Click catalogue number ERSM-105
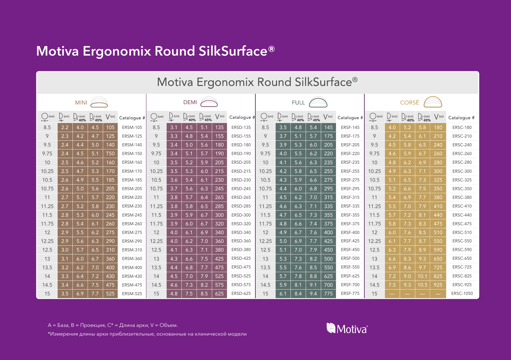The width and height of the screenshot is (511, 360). click(132, 127)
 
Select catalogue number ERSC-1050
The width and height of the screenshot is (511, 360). click(462, 293)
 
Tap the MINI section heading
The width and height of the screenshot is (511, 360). click(81, 103)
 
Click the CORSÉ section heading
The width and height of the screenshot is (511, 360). click(410, 102)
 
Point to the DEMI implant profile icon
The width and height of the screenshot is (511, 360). click(209, 102)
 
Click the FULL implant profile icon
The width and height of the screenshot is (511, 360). click(318, 102)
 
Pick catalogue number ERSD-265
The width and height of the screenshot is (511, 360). click(241, 197)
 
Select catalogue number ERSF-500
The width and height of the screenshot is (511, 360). click(350, 258)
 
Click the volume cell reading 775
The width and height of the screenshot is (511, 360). click(328, 294)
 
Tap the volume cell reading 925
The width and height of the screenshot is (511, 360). click(438, 285)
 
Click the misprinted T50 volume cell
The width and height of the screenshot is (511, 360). click(110, 154)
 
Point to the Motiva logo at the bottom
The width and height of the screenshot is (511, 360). click(347, 328)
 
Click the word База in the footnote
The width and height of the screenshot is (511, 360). click(63, 325)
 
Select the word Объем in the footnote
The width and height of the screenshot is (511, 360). click(168, 325)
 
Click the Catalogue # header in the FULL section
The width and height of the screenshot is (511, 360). click(350, 118)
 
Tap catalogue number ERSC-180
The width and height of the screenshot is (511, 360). click(462, 127)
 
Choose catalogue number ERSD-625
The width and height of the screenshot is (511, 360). click(241, 293)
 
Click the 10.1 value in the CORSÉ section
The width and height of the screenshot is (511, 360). click(422, 276)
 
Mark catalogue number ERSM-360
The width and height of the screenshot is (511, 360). click(132, 259)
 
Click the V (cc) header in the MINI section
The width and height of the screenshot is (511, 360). click(110, 117)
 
